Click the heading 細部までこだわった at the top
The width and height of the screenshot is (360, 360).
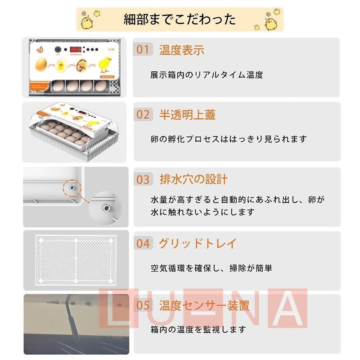click(x=180, y=19)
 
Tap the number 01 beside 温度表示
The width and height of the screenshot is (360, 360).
click(x=143, y=50)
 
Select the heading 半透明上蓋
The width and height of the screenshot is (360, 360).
click(x=187, y=115)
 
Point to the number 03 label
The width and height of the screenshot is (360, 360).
click(x=143, y=179)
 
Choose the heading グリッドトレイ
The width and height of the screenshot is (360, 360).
click(x=198, y=243)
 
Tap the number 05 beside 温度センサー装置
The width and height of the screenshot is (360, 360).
click(x=143, y=306)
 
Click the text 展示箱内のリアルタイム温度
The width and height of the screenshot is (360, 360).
click(x=207, y=75)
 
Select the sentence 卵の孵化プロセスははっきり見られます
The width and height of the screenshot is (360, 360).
click(x=228, y=139)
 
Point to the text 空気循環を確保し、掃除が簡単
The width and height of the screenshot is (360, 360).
click(x=211, y=268)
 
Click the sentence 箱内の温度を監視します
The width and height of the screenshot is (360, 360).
click(x=198, y=329)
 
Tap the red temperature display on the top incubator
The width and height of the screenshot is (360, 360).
click(x=73, y=49)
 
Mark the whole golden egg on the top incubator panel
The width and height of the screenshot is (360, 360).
click(x=41, y=64)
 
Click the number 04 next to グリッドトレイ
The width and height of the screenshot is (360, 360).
click(x=143, y=243)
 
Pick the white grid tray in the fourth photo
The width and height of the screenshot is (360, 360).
click(x=76, y=260)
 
